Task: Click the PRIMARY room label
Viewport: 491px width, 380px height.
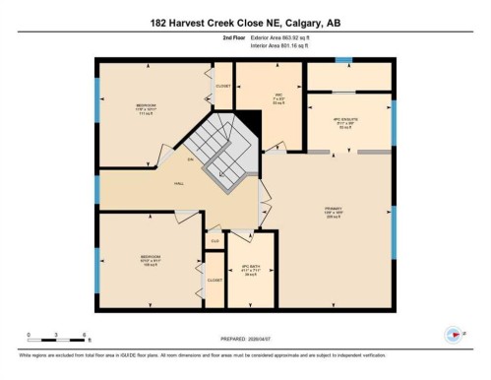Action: [x=332, y=212]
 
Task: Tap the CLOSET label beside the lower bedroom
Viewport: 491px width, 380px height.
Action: [x=215, y=280]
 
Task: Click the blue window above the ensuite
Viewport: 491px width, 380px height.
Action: [x=342, y=61]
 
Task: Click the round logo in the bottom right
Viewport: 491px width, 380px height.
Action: [x=454, y=335]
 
